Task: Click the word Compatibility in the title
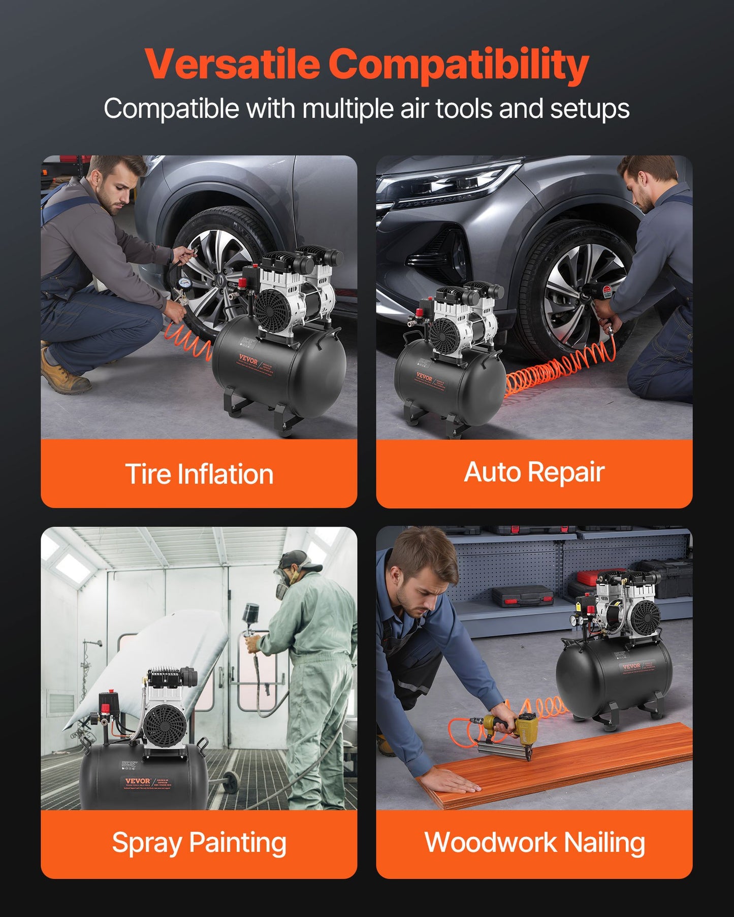tap(458, 64)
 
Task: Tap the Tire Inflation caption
tap(199, 474)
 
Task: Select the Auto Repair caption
tap(534, 472)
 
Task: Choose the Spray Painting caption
tap(199, 842)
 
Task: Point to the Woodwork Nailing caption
tap(534, 842)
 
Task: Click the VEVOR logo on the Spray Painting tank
tap(138, 781)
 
